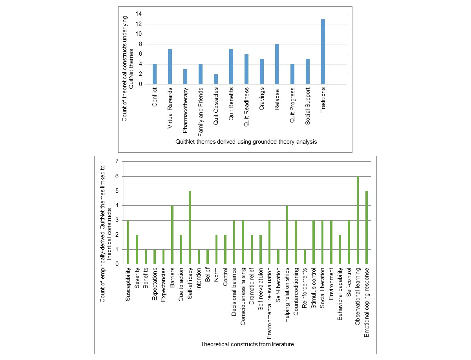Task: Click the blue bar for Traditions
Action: pyautogui.click(x=323, y=51)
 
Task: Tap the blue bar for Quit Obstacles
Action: pyautogui.click(x=216, y=79)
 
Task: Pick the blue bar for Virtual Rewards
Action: pyautogui.click(x=170, y=66)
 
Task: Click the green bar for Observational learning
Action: pyautogui.click(x=358, y=220)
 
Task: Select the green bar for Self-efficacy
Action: pyautogui.click(x=190, y=227)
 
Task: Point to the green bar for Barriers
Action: pyautogui.click(x=172, y=235)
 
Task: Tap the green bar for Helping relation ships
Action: pyautogui.click(x=287, y=235)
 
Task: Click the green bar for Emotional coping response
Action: pyautogui.click(x=367, y=227)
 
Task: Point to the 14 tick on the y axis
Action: pyautogui.click(x=139, y=14)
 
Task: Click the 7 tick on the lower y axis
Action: pyautogui.click(x=116, y=161)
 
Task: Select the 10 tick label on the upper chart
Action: pyautogui.click(x=139, y=34)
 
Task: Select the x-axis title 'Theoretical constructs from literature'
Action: pyautogui.click(x=247, y=344)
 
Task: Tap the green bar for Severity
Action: pyautogui.click(x=137, y=249)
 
